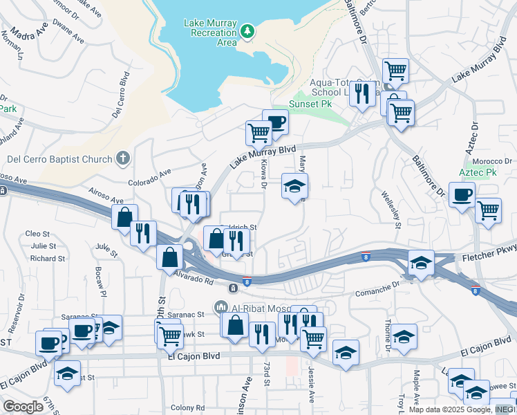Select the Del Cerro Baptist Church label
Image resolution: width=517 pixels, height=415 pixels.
(59, 159)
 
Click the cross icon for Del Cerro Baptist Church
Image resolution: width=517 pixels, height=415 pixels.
(122, 158)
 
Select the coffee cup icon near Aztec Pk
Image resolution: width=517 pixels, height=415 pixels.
(462, 194)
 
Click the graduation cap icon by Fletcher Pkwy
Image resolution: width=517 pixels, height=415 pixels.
(421, 262)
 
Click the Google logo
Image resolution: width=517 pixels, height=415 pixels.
(23, 407)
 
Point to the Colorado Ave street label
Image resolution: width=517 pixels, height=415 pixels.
(149, 178)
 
